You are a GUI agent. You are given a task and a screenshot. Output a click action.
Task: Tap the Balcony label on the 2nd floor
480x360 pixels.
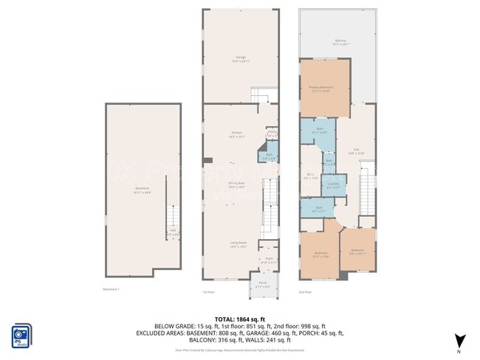point(340,43)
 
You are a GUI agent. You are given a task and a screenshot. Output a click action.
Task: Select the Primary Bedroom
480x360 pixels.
point(324,89)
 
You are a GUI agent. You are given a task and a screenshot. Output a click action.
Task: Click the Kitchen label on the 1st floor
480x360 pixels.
point(237,134)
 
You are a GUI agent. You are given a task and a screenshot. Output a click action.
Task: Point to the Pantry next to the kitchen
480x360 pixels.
point(272,134)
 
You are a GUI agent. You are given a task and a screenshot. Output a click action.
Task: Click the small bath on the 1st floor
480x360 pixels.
point(269,156)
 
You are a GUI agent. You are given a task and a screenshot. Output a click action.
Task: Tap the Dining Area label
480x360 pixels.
point(237,185)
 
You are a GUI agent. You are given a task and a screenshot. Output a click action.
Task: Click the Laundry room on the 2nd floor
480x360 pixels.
point(333,186)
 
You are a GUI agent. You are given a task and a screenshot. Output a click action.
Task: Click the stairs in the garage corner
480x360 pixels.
point(264,96)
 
